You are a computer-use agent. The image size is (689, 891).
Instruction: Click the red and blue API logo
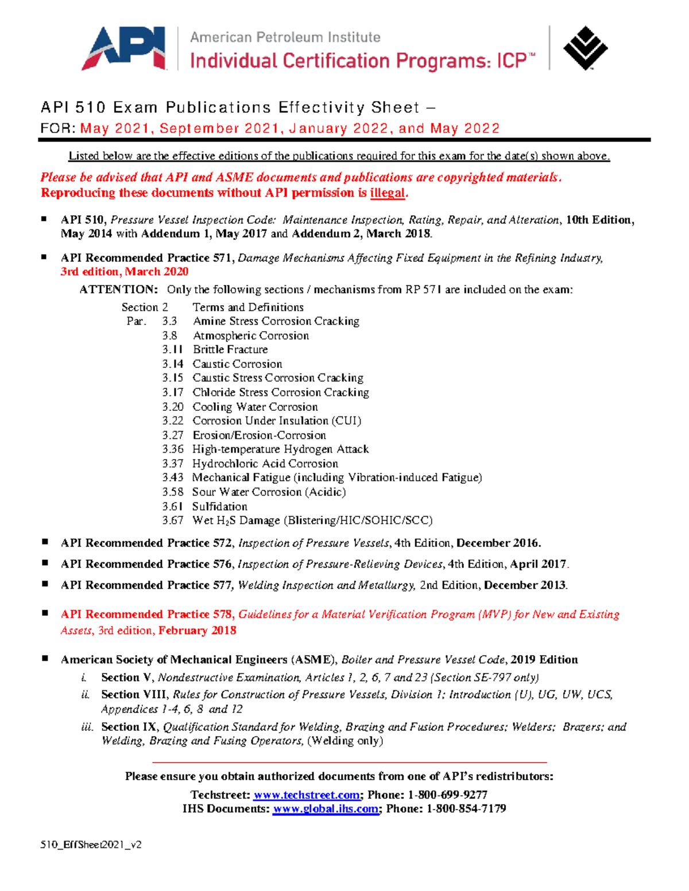pos(123,49)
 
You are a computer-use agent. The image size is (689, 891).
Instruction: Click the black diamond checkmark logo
pos(585,48)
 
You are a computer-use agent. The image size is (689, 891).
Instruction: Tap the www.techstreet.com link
pos(307,795)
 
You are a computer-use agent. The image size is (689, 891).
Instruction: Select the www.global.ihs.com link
pos(326,809)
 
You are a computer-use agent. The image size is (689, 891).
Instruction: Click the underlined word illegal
pos(388,193)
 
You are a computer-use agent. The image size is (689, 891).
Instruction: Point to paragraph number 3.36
pos(173,449)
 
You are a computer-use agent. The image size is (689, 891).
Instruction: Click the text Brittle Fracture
pos(230,349)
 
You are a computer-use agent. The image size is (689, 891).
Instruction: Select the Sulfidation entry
pos(220,507)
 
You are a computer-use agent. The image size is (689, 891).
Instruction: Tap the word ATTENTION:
pos(118,290)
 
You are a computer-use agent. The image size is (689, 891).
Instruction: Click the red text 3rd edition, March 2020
pos(125,272)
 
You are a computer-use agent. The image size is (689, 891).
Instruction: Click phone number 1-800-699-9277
pos(447,795)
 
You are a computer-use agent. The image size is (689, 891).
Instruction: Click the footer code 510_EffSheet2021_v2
pos(91,845)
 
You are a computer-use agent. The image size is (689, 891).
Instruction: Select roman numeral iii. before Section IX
pos(87,727)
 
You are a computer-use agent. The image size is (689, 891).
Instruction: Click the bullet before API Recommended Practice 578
pos(45,613)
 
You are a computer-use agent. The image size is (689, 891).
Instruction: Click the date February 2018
pos(198,631)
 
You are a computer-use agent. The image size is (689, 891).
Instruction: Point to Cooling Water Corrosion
pos(255,407)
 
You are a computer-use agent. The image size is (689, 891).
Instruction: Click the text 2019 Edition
pos(544,660)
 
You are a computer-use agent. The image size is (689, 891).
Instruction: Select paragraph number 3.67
pos(173,520)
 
